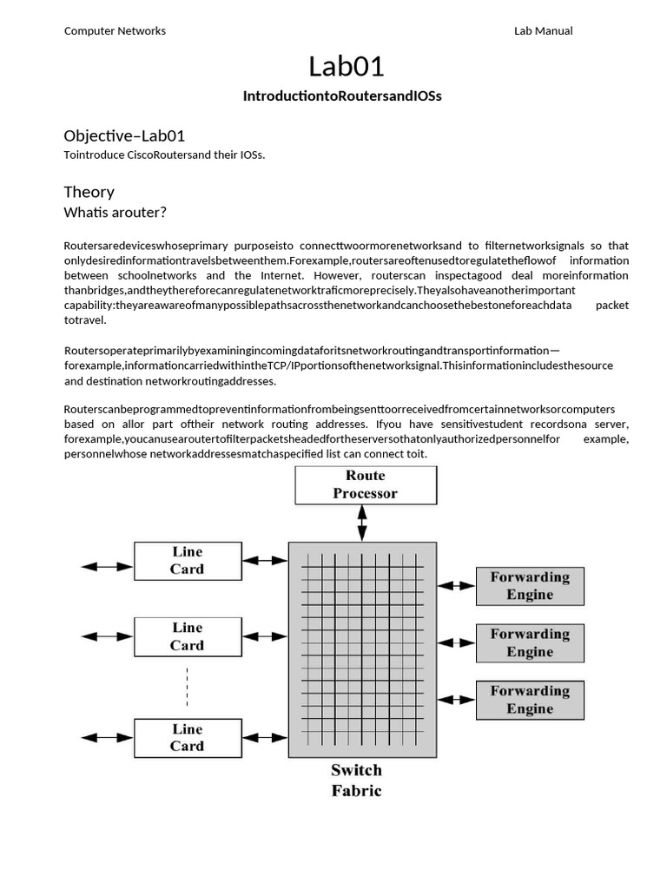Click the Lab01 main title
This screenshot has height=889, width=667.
pos(346,66)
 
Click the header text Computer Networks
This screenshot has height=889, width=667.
pos(115,31)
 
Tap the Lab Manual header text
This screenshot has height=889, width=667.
pos(543,31)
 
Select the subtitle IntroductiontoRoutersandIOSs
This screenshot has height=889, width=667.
pos(341,96)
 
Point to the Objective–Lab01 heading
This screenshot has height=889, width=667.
pos(124,136)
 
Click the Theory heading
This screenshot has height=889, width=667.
pos(89,192)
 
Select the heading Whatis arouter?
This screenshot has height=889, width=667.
pos(116,213)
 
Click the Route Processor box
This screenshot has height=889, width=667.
pos(366,484)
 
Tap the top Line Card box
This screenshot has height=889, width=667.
pos(187,561)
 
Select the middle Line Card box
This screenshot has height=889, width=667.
pos(187,636)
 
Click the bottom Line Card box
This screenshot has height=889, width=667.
pos(187,737)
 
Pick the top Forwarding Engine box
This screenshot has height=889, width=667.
pos(530,586)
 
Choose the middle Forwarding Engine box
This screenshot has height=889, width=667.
pos(530,642)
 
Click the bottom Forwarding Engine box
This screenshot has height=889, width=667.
pos(530,700)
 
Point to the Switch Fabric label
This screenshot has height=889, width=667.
pos(356,780)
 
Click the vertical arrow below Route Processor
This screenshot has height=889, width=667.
pos(362,524)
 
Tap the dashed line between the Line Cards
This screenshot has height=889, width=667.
pos(187,687)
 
